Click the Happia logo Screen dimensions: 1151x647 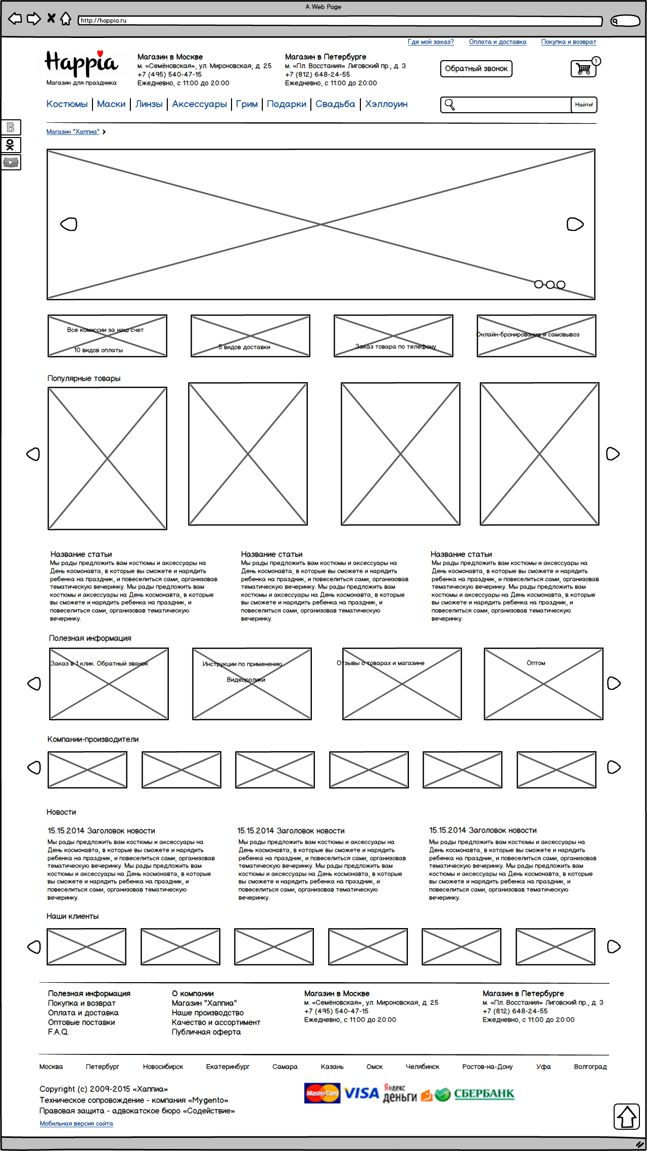point(81,64)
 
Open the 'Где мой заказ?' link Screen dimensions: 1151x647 point(431,42)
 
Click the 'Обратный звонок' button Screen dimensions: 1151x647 point(476,69)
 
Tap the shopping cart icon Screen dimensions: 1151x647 point(584,69)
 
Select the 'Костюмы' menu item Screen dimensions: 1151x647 point(67,104)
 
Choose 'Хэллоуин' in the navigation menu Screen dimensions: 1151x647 point(386,104)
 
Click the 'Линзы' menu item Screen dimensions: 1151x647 point(149,104)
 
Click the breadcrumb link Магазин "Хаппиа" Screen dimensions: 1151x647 point(73,132)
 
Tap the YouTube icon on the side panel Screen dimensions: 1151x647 point(11,162)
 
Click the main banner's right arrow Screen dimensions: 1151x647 point(575,224)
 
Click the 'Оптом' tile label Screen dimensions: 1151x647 point(536,663)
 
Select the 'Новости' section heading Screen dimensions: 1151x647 point(61,812)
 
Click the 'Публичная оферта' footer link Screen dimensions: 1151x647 point(206,1032)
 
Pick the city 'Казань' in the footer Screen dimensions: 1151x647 point(332,1067)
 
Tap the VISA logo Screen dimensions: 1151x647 point(361,1093)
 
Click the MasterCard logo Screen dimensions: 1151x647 point(322,1093)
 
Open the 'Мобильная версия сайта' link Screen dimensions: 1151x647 point(76,1123)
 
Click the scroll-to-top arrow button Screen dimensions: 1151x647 point(627,1116)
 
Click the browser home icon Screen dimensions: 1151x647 point(66,19)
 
